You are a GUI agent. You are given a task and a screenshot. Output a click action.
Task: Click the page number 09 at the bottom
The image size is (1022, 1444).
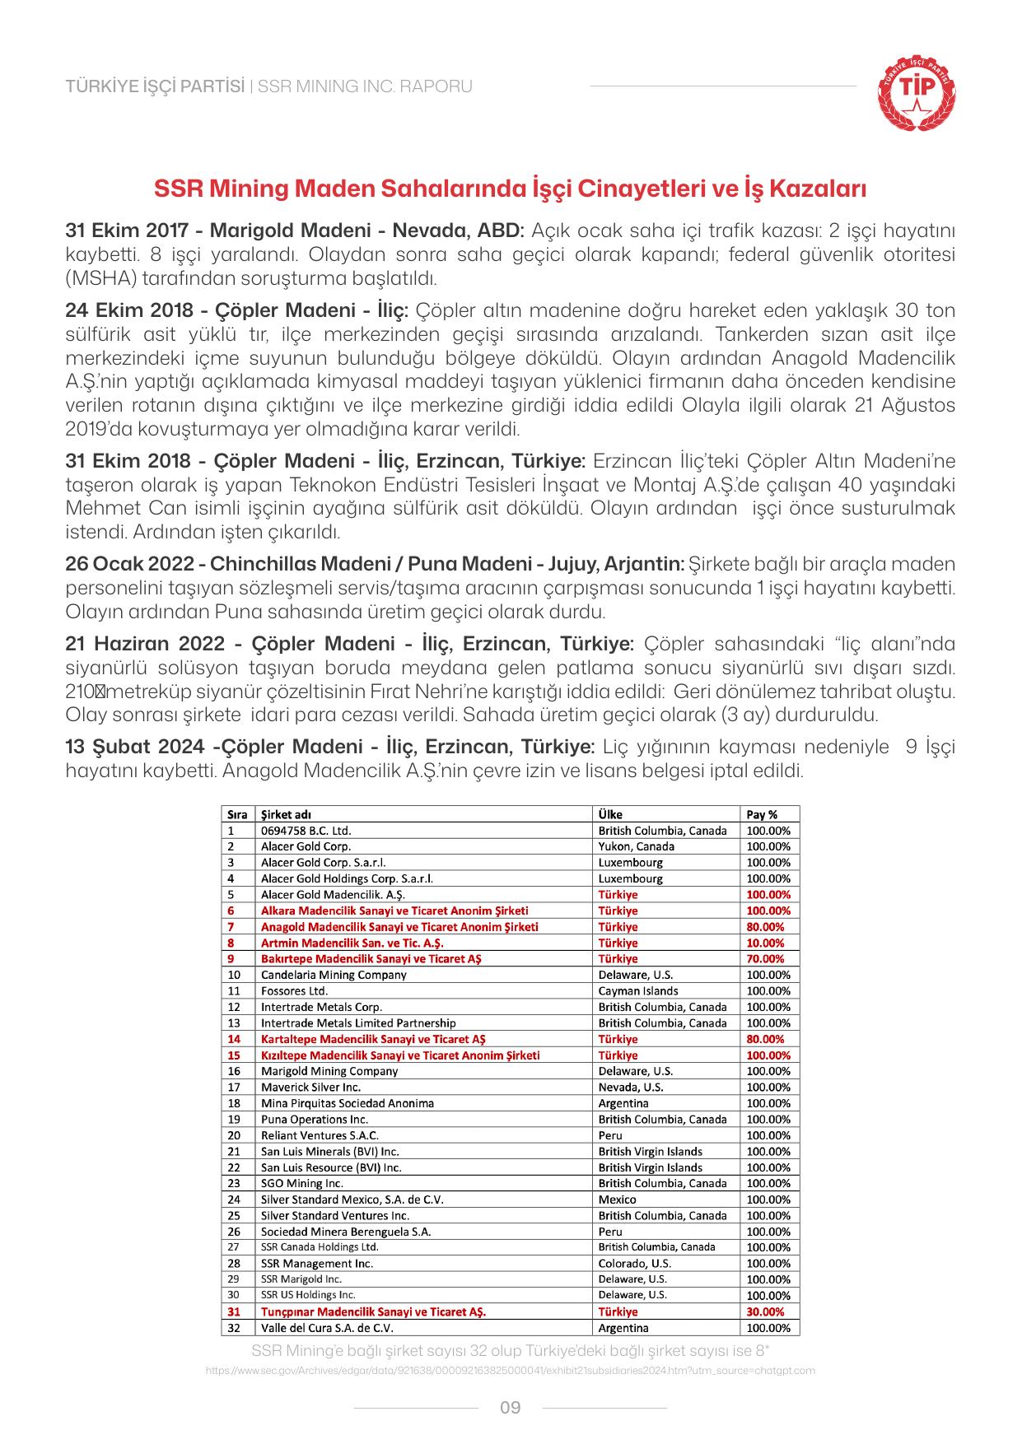(x=511, y=1407)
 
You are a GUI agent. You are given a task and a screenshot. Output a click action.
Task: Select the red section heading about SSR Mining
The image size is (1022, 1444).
(x=511, y=189)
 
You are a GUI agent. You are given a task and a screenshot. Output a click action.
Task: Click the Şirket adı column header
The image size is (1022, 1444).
(x=286, y=814)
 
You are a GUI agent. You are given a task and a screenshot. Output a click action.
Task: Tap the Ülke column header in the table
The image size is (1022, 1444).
(x=610, y=814)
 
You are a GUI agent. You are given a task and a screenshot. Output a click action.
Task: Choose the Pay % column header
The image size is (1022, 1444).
(x=762, y=814)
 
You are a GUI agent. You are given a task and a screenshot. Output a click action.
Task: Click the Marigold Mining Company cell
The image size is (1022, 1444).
(x=329, y=1071)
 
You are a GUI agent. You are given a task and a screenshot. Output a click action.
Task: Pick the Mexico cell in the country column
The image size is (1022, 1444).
(x=618, y=1199)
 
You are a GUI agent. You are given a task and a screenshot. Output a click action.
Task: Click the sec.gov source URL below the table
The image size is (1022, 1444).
(x=510, y=1370)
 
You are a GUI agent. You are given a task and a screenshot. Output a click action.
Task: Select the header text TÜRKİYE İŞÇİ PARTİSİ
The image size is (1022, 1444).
(x=155, y=86)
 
